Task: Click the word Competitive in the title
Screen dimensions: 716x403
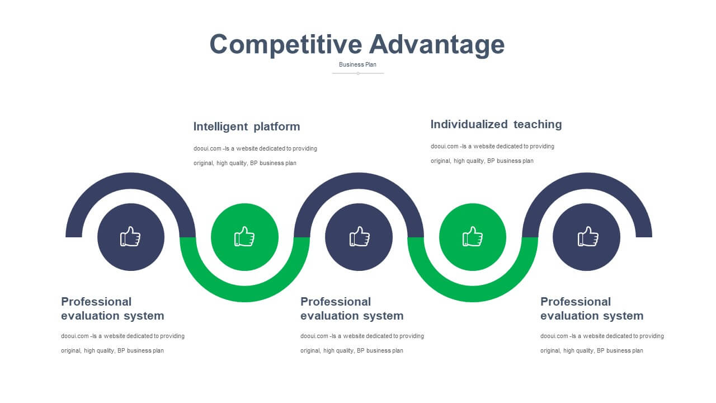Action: (286, 45)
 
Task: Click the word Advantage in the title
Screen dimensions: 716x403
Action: (437, 45)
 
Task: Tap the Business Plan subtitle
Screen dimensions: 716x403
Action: (357, 64)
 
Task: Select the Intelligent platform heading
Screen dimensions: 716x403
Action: (247, 126)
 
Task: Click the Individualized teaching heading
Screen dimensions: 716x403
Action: (496, 124)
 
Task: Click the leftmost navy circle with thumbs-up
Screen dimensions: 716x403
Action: (131, 237)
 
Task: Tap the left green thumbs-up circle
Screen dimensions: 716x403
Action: (244, 237)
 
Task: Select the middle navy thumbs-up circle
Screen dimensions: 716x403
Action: (359, 237)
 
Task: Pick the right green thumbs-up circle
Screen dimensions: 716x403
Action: (473, 237)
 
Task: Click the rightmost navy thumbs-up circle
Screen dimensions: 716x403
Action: (587, 237)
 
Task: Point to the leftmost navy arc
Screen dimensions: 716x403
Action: (131, 181)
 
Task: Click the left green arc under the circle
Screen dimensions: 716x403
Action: (244, 294)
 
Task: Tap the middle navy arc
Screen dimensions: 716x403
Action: (359, 181)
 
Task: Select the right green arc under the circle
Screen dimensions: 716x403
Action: (473, 294)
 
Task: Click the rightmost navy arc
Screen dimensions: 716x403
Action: (587, 181)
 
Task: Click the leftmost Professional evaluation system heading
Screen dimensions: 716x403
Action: (112, 308)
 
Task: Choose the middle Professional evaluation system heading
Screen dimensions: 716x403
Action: (352, 308)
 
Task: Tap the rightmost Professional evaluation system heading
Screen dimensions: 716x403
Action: (592, 308)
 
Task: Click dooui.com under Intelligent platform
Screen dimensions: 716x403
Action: (207, 148)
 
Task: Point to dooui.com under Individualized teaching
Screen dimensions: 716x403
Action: (444, 146)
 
